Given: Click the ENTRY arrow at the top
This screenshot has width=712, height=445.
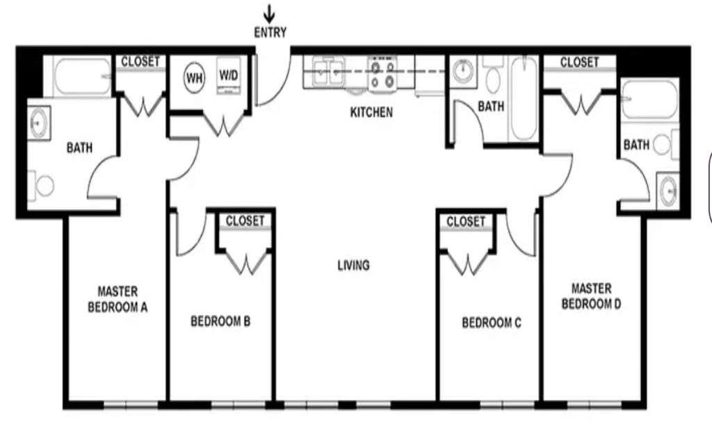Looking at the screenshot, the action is click(269, 14).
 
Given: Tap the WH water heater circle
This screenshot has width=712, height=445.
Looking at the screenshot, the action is click(195, 78).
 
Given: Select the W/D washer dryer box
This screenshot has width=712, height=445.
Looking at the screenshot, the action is click(228, 75).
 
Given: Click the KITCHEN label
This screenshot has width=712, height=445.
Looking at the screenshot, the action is click(371, 112).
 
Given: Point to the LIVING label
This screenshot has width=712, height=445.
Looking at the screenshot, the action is click(353, 265).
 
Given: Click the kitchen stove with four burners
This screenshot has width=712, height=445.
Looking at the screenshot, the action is click(382, 74).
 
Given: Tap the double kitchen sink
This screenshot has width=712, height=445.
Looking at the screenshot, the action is click(329, 72).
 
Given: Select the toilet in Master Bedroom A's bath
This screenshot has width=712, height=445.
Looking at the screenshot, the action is click(41, 185).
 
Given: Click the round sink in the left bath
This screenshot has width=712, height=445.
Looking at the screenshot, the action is click(39, 122).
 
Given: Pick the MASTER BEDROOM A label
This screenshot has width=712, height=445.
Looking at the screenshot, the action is click(118, 299).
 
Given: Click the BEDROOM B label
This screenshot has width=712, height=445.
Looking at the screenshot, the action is click(220, 321).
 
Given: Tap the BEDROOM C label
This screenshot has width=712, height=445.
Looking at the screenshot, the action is click(492, 323).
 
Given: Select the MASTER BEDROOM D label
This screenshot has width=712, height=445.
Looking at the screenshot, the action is click(591, 296).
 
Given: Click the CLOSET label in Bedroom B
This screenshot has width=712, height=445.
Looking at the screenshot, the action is click(245, 220).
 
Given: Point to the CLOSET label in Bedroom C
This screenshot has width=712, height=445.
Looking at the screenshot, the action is click(466, 222).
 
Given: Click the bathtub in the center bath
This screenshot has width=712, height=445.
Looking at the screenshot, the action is click(524, 98).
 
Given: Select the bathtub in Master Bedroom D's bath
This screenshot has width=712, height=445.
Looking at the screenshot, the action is click(650, 99).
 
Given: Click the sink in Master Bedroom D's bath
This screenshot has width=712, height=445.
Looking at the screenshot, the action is click(668, 191).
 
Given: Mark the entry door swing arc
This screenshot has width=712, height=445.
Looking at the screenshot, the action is click(281, 92).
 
